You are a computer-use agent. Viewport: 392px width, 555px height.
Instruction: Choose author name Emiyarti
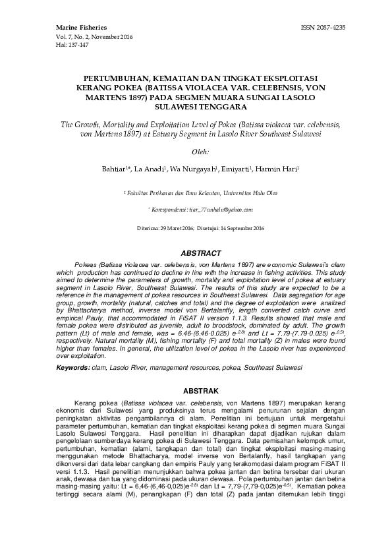[x=238, y=169]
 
